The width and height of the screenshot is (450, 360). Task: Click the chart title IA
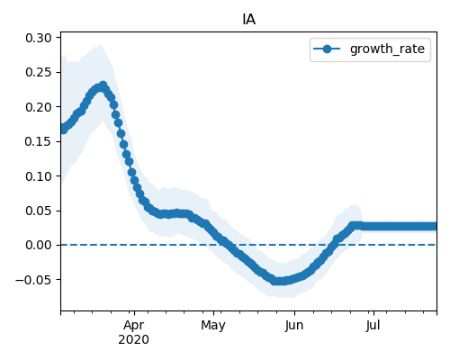pos(248,20)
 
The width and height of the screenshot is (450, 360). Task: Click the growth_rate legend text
pos(387,49)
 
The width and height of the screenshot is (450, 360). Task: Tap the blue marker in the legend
pos(327,49)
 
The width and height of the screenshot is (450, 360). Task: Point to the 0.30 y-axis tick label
pos(39,38)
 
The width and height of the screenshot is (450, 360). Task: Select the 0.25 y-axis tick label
pos(39,72)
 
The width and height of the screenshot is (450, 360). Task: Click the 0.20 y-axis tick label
pos(39,107)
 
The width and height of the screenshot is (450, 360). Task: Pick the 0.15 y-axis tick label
pos(39,141)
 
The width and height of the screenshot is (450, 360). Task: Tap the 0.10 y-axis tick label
pos(39,176)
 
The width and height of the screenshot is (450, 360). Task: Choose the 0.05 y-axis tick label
pos(39,211)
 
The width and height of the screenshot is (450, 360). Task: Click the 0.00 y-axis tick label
pos(39,245)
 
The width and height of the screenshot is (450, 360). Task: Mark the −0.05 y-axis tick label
pos(33,280)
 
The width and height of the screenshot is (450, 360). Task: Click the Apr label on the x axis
pos(134,326)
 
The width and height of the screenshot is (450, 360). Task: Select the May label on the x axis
pos(213,326)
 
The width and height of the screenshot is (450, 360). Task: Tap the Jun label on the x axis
pos(294,326)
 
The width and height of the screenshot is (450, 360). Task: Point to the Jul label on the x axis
pos(373,326)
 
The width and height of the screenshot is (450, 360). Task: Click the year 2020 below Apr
pos(133,339)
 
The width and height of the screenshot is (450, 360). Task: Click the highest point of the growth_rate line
pos(103,85)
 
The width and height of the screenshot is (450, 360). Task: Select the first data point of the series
pos(62,129)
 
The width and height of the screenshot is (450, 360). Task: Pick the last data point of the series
pos(433,226)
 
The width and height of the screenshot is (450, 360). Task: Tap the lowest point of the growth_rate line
pos(279,281)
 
